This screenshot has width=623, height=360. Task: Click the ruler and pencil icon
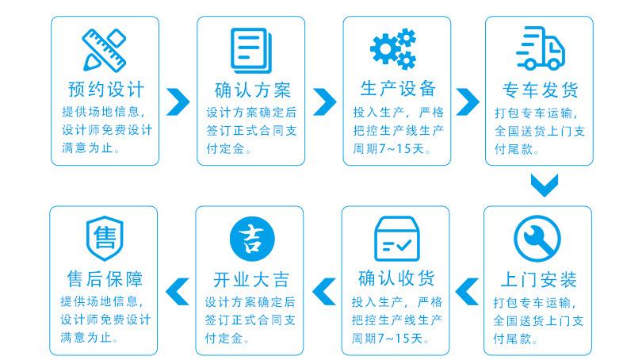[x=105, y=49]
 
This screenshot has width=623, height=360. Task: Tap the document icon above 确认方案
[x=251, y=49]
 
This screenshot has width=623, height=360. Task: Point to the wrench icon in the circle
[x=537, y=239]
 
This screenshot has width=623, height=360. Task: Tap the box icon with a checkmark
[x=396, y=238]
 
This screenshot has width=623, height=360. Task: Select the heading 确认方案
[x=251, y=88]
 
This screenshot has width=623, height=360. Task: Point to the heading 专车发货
[x=540, y=88]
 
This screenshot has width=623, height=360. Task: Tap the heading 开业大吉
[x=251, y=279]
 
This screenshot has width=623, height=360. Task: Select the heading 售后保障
[x=105, y=279]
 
